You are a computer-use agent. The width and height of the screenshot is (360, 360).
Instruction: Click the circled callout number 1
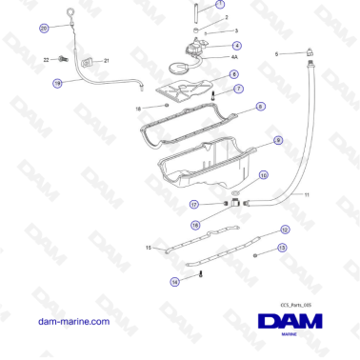tap(221, 5)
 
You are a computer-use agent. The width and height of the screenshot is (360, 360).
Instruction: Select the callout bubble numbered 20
tap(44, 29)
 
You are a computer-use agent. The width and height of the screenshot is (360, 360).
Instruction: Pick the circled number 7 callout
tap(238, 89)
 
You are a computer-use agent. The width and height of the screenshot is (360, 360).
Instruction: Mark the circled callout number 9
tap(277, 141)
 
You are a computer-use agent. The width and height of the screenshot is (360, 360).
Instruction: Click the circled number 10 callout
tap(264, 175)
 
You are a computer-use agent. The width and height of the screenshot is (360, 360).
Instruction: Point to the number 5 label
tap(277, 54)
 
